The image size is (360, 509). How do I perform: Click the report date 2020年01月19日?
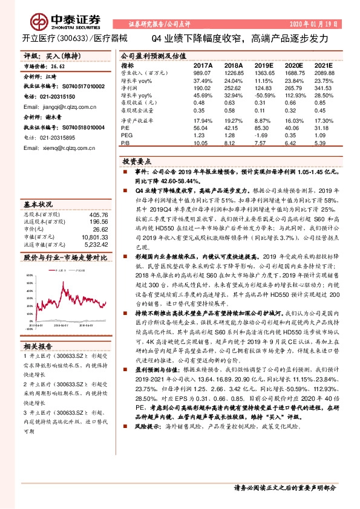[x=314, y=24]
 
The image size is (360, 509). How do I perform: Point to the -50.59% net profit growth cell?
[x=265, y=95]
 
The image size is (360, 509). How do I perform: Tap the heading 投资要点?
[x=135, y=162]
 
